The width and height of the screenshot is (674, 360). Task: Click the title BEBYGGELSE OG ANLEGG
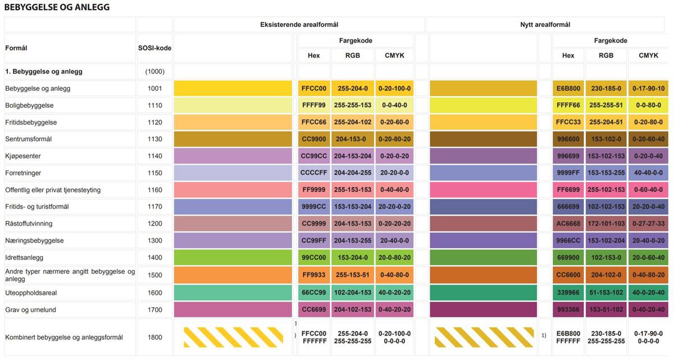[x=57, y=7]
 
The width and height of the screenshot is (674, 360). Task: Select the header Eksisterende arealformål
[x=299, y=25]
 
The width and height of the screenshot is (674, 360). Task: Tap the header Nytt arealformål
[x=545, y=25]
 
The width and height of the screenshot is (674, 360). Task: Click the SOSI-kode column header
[x=154, y=48]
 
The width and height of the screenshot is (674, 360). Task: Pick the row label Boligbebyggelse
[x=29, y=106]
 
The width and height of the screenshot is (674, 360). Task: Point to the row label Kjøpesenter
[x=23, y=156]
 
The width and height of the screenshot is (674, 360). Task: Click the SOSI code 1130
[x=154, y=139]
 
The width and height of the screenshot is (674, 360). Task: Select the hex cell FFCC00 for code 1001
[x=313, y=89]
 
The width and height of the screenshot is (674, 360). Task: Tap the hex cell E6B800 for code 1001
[x=568, y=89]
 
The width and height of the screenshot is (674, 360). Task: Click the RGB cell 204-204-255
[x=352, y=173]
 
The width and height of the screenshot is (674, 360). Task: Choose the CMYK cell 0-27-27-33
[x=649, y=224]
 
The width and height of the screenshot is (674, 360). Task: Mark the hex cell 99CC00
[x=313, y=258]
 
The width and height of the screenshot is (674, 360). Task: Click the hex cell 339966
[x=568, y=293]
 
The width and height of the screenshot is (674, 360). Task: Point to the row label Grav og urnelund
[x=31, y=310]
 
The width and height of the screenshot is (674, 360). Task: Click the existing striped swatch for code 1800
[x=233, y=337]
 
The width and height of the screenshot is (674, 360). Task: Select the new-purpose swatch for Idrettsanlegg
[x=483, y=258]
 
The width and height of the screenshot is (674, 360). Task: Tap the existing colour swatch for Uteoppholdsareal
[x=233, y=293]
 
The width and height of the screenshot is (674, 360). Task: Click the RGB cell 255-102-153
[x=606, y=190]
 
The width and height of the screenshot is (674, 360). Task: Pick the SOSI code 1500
[x=154, y=275]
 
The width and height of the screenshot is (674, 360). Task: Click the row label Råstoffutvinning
[x=29, y=224]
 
